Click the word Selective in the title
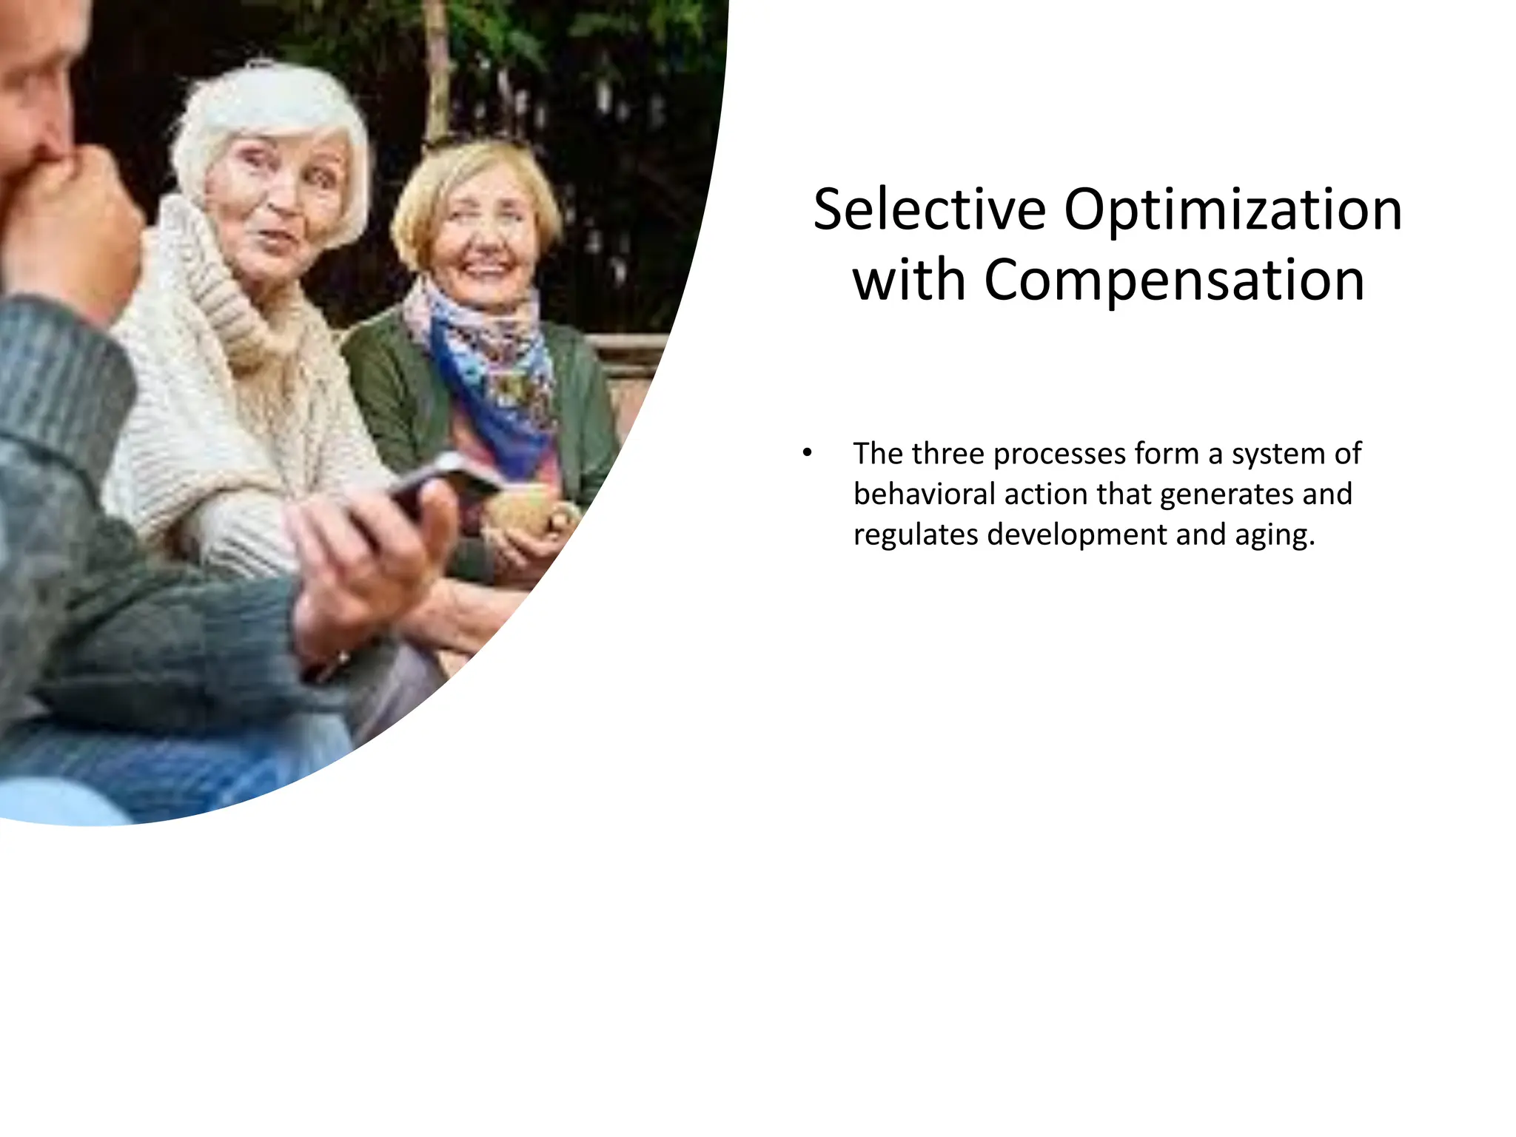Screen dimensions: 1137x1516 929,210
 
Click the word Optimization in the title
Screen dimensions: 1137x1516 1232,210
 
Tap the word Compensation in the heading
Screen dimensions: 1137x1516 1174,281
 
